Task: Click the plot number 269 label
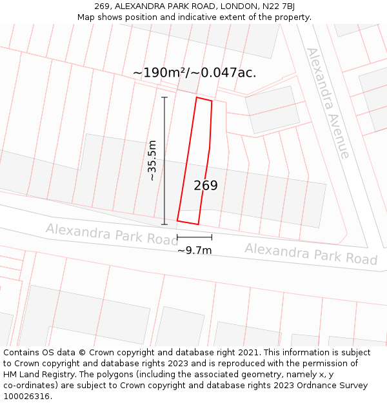[x=206, y=186]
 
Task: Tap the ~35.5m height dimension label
[x=152, y=161]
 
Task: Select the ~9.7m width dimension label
[x=194, y=250]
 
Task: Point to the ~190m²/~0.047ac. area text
[x=194, y=73]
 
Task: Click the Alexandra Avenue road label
[x=328, y=103]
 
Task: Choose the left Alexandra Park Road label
[x=107, y=234]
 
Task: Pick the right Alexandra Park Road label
[x=311, y=253]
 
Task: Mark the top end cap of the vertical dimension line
[x=164, y=97]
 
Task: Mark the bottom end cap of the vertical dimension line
[x=164, y=224]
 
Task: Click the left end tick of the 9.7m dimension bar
[x=177, y=238]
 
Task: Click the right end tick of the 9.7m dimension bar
[x=212, y=238]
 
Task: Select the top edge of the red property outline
[x=204, y=99]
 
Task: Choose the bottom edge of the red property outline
[x=188, y=222]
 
